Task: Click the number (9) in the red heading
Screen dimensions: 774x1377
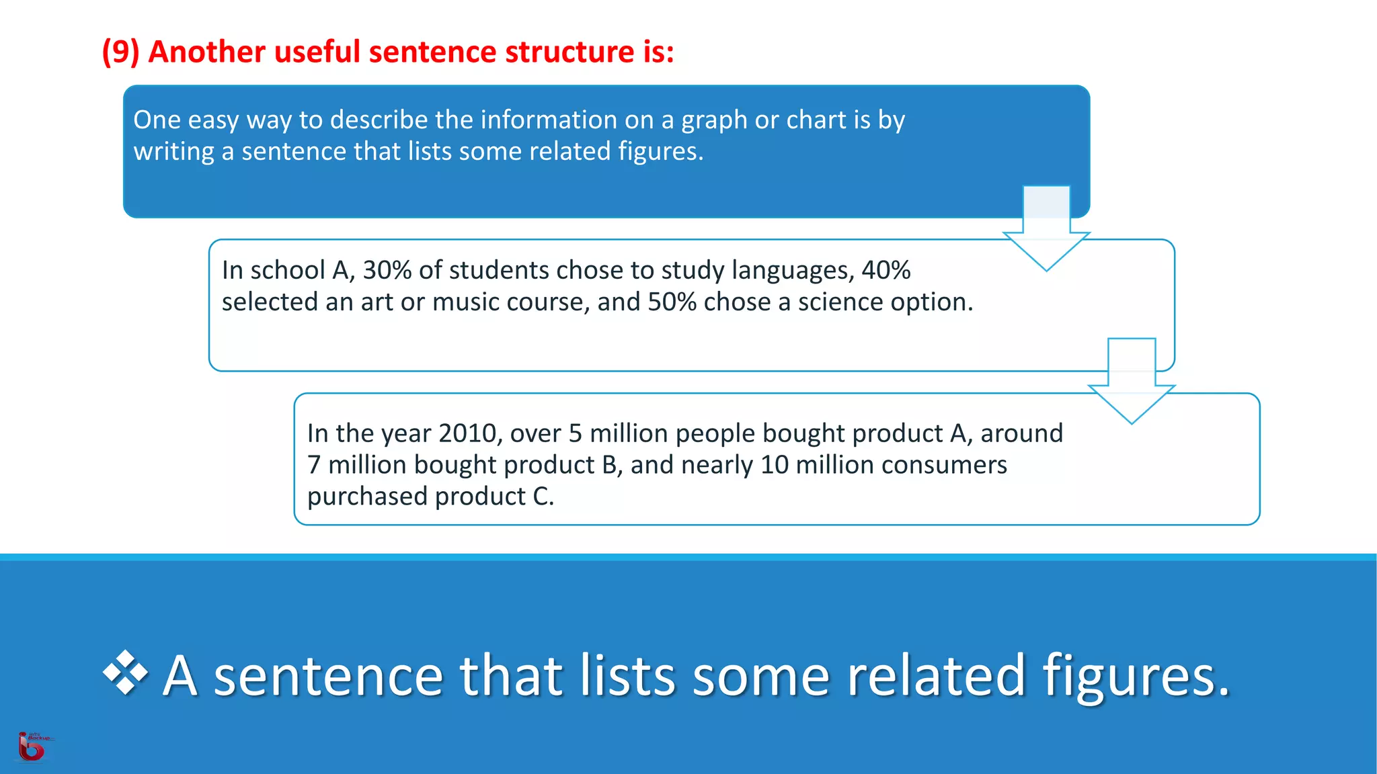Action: (x=120, y=52)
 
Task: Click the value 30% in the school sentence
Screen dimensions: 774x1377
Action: (x=387, y=270)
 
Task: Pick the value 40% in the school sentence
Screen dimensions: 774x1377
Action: (x=886, y=270)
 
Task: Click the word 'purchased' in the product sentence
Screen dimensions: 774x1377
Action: (x=367, y=497)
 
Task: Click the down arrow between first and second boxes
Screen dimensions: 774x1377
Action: (x=1046, y=232)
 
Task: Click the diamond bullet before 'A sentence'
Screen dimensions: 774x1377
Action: (x=126, y=673)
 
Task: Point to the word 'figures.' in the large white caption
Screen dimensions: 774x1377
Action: (x=1136, y=676)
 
